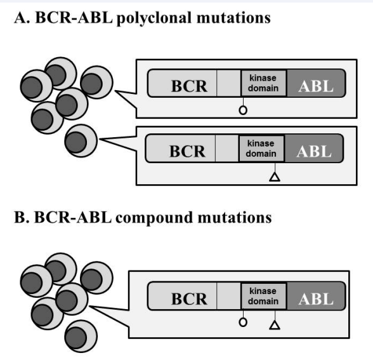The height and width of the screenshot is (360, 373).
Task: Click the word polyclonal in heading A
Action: click(x=154, y=18)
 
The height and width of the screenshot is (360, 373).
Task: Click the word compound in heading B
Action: click(x=154, y=218)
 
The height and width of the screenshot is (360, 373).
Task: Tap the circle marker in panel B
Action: click(x=243, y=323)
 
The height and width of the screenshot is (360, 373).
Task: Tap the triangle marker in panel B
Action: click(x=275, y=325)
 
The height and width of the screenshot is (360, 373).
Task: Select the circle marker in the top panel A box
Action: click(x=243, y=110)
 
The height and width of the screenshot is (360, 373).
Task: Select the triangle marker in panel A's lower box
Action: click(x=275, y=177)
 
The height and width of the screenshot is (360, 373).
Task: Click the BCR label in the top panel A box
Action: click(x=189, y=86)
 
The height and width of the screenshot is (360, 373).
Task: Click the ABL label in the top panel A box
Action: click(x=316, y=86)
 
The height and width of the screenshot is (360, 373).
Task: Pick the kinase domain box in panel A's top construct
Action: click(x=264, y=83)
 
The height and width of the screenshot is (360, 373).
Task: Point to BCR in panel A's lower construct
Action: click(x=187, y=151)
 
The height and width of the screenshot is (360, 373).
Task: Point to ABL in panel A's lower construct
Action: click(x=314, y=151)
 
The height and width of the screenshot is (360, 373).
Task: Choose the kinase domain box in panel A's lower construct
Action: click(x=261, y=149)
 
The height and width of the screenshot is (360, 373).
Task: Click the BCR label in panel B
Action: click(x=189, y=299)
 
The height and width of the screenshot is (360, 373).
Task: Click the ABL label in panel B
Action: click(x=316, y=299)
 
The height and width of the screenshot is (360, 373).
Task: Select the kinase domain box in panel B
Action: click(x=264, y=296)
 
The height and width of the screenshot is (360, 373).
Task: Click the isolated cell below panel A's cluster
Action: click(x=81, y=141)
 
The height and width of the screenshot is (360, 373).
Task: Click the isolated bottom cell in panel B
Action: click(x=81, y=337)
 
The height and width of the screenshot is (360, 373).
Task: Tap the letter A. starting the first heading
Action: click(x=22, y=18)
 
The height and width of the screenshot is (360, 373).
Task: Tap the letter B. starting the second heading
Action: click(x=22, y=217)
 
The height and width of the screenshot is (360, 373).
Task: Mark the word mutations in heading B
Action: click(x=235, y=217)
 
